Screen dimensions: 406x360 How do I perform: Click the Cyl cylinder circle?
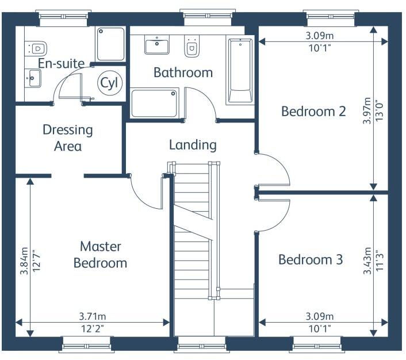[109, 83]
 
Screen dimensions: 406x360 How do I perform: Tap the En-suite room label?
[62, 63]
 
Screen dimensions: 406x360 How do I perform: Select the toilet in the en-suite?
[36, 48]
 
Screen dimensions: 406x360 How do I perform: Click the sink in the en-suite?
[33, 78]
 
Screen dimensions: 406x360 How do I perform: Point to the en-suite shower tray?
[110, 44]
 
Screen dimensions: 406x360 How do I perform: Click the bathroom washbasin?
[156, 45]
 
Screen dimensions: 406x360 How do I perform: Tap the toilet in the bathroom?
[192, 46]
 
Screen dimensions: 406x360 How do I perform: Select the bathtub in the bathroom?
[240, 70]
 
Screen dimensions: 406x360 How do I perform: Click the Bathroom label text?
[183, 72]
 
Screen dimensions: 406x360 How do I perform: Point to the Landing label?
[193, 145]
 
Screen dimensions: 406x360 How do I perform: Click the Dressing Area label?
[68, 138]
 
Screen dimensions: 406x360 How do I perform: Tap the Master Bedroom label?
[101, 255]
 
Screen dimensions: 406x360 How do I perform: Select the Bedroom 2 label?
[313, 112]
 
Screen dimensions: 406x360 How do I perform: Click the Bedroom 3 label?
[311, 259]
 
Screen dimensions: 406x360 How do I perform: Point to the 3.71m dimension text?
[93, 316]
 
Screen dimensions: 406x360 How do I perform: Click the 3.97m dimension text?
[367, 110]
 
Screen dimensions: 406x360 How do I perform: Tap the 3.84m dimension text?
[24, 261]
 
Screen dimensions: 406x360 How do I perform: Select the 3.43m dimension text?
[367, 261]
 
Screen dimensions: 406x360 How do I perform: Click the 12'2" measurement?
[93, 329]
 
